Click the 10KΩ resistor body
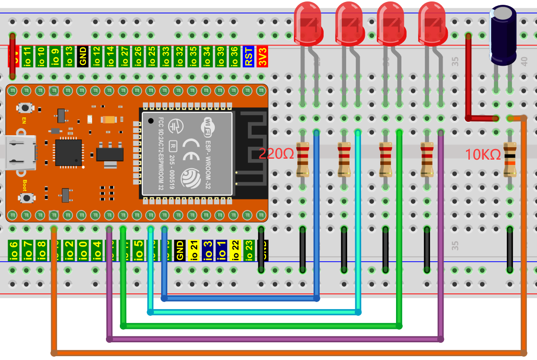509,160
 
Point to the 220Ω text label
276,154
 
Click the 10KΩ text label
483,154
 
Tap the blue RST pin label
248,56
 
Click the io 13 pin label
69,56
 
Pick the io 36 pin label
234,56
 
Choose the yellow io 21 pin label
194,250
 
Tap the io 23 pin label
249,250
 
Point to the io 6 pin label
13,250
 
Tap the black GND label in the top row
82,56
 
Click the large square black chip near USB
68,152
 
